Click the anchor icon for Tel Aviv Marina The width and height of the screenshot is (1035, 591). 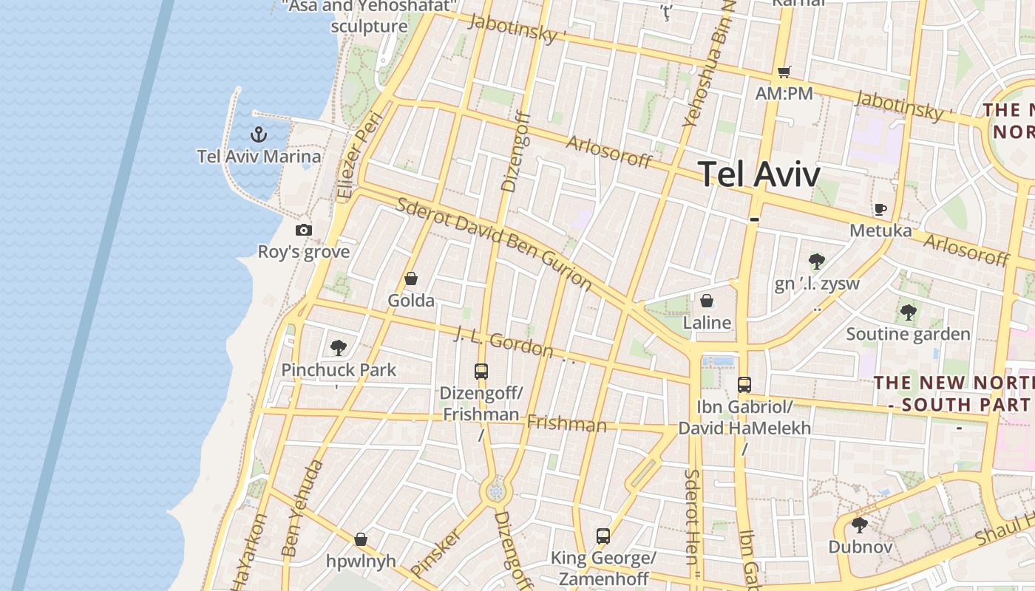[x=258, y=134]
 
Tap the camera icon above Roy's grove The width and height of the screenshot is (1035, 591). [x=303, y=230]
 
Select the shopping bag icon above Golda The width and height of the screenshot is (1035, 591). [x=411, y=279]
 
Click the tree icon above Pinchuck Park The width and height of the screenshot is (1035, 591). [x=339, y=347]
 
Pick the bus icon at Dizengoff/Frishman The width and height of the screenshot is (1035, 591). [x=481, y=371]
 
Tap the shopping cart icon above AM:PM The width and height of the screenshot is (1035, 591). [x=784, y=72]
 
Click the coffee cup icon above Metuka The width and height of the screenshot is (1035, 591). [x=880, y=209]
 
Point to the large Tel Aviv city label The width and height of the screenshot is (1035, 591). [x=759, y=174]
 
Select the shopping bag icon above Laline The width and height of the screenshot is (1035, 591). [x=707, y=301]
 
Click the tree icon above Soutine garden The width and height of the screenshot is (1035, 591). [x=908, y=312]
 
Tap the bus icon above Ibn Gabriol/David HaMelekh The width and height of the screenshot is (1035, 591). [x=744, y=385]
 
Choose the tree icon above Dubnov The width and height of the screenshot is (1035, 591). [x=859, y=525]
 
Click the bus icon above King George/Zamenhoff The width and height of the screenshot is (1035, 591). [x=603, y=536]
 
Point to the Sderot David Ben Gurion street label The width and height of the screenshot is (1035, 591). [x=494, y=243]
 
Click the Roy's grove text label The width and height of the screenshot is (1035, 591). [x=303, y=252]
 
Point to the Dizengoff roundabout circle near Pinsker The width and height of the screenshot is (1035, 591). [x=495, y=491]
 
